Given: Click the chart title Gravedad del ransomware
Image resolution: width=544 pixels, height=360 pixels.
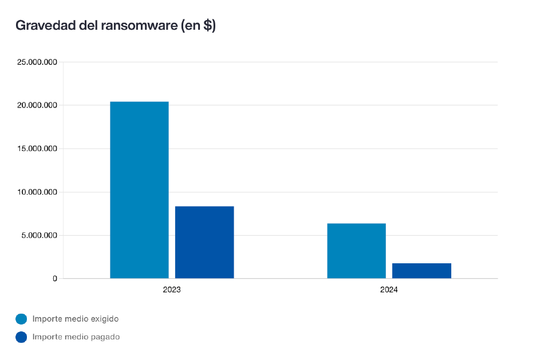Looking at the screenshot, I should pyautogui.click(x=115, y=26).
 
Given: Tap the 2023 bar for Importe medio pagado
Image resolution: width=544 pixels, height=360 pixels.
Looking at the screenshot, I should pyautogui.click(x=204, y=242).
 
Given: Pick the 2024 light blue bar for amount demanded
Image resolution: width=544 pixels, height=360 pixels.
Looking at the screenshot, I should pyautogui.click(x=356, y=251).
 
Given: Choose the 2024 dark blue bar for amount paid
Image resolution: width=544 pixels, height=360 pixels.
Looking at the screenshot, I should pyautogui.click(x=421, y=271).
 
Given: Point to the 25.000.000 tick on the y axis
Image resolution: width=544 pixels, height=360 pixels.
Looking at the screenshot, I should pyautogui.click(x=37, y=62).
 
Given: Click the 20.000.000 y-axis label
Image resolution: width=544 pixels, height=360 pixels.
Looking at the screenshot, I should pyautogui.click(x=37, y=105).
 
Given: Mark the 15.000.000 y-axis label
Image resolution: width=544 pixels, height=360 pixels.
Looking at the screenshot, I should pyautogui.click(x=37, y=149).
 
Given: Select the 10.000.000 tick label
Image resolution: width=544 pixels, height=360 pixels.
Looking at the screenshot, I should pyautogui.click(x=37, y=192).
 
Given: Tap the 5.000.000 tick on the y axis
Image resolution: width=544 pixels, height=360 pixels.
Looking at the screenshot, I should pyautogui.click(x=39, y=235).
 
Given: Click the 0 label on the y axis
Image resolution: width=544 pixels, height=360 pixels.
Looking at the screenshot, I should pyautogui.click(x=55, y=279).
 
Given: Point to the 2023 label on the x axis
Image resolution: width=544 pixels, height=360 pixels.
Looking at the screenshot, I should pyautogui.click(x=172, y=290).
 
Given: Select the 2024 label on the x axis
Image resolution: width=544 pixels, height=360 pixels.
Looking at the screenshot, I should pyautogui.click(x=389, y=290).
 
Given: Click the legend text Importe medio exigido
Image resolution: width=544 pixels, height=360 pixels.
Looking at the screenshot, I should pyautogui.click(x=76, y=319).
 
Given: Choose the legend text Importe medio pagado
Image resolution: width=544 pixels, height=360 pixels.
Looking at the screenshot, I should pyautogui.click(x=76, y=337).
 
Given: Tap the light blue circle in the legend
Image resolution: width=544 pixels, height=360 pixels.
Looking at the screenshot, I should pyautogui.click(x=21, y=319).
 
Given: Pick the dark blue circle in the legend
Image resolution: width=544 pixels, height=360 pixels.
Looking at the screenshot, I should pyautogui.click(x=21, y=337).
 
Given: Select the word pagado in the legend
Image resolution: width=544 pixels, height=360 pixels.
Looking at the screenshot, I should pyautogui.click(x=106, y=337).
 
